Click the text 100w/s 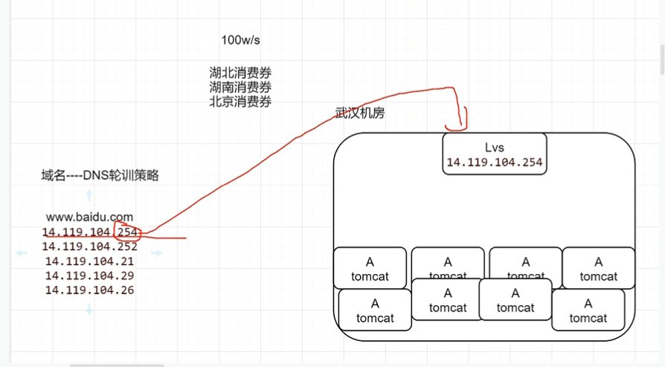point(240,39)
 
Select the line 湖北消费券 point(240,73)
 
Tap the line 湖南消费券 point(240,87)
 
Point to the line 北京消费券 point(240,101)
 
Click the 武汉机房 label point(360,112)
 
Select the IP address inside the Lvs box point(495,162)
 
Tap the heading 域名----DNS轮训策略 point(100,176)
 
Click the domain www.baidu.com point(89,217)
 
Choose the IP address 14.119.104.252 point(89,246)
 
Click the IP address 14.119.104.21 point(89,261)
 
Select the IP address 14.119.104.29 point(89,275)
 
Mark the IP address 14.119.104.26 point(89,290)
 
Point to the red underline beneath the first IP point(149,239)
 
